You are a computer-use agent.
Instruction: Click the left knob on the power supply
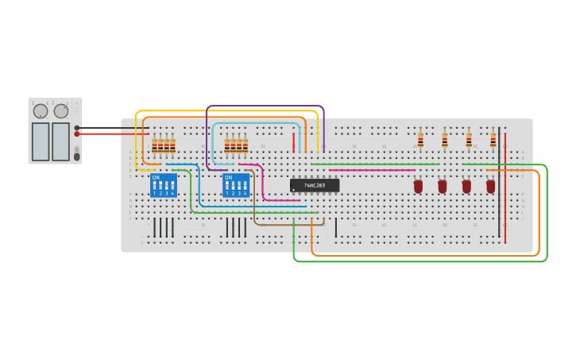coord(41,111)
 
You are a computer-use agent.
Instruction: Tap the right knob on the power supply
coord(61,111)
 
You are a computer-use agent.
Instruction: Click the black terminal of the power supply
coord(77,127)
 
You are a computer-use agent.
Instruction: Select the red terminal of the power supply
coord(77,134)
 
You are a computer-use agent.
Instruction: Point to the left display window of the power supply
coord(41,141)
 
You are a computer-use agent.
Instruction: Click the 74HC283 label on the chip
coord(314,185)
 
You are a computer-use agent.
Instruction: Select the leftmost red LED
coord(418,186)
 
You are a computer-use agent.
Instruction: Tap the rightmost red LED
coord(491,186)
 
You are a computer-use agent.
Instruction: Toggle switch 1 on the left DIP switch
coord(154,186)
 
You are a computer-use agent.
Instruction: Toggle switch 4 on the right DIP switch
coord(245,186)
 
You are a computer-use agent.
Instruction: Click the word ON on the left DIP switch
coord(156,177)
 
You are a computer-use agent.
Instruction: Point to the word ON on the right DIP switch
coord(228,177)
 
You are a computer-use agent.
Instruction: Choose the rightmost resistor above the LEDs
coord(493,140)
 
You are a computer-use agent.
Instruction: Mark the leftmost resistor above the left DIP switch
coord(154,145)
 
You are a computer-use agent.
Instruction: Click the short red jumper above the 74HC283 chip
coord(293,142)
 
